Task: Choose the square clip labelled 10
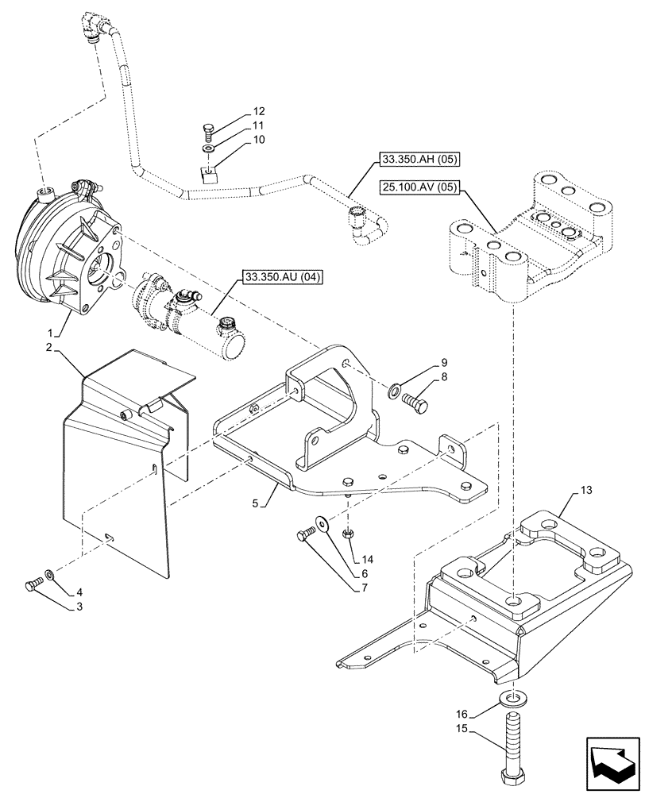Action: pos(208,173)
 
